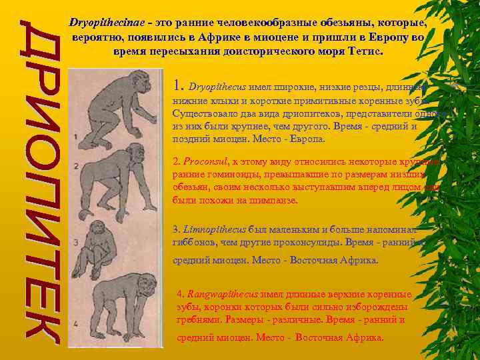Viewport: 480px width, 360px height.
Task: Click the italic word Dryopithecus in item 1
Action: tap(217, 87)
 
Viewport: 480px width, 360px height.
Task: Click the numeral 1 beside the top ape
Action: tap(76, 137)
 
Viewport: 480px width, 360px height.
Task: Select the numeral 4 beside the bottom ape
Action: tap(76, 325)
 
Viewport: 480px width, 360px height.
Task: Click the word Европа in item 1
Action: tap(307, 139)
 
